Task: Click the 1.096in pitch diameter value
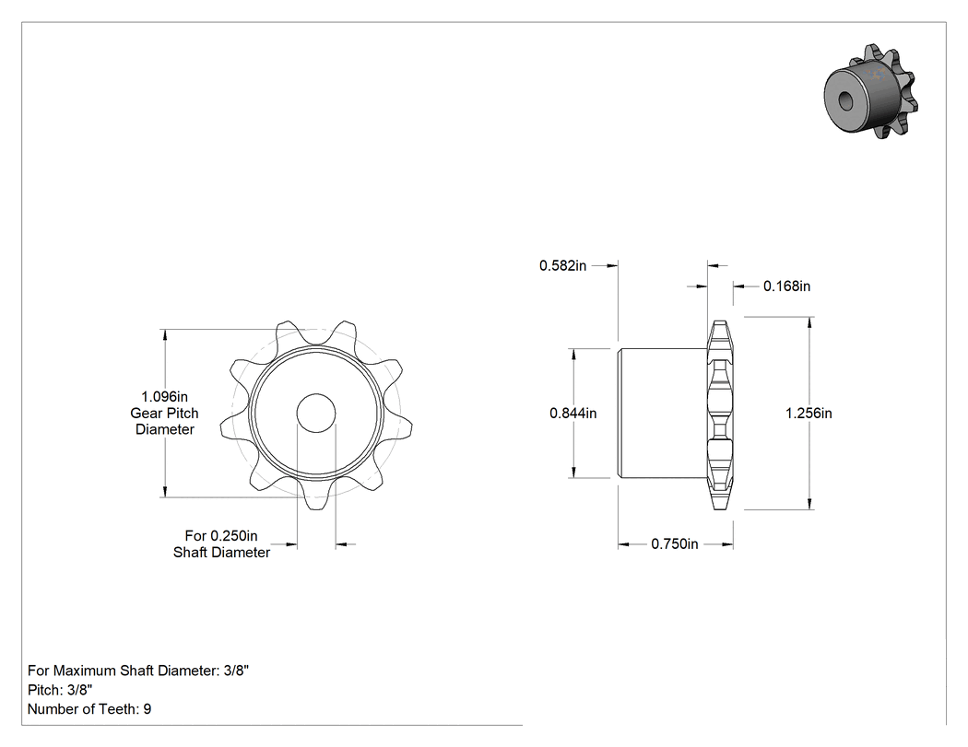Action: tap(164, 397)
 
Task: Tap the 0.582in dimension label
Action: tap(562, 266)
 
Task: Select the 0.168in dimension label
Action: tap(786, 286)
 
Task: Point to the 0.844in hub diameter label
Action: tap(573, 414)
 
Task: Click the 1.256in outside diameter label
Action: tap(809, 414)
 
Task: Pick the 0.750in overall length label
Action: tap(675, 544)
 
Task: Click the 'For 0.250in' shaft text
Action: tap(221, 536)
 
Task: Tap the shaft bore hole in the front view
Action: tap(316, 414)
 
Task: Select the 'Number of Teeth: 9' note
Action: tap(89, 709)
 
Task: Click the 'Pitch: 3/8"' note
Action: tap(60, 690)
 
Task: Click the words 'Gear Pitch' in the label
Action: tap(164, 414)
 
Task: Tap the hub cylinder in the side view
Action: tap(663, 414)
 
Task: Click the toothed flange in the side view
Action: tap(720, 414)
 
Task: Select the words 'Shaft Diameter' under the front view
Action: tap(221, 553)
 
